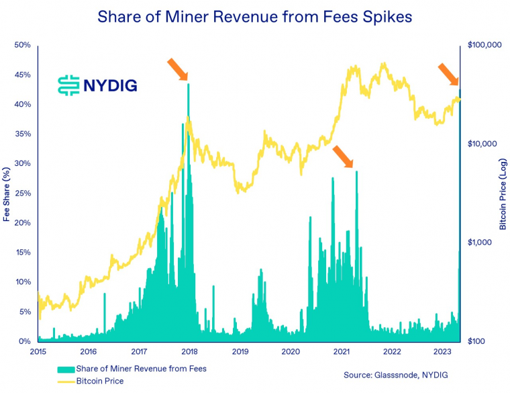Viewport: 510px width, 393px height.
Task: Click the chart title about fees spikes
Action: point(255,16)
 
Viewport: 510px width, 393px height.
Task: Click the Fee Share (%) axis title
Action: point(7,194)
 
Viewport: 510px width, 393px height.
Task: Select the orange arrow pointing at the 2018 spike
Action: point(177,69)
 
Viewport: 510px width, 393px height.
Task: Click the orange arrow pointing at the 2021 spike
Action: point(342,156)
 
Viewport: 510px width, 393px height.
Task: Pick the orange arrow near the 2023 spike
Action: point(448,73)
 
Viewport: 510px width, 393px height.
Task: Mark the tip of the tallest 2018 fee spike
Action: point(188,84)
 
